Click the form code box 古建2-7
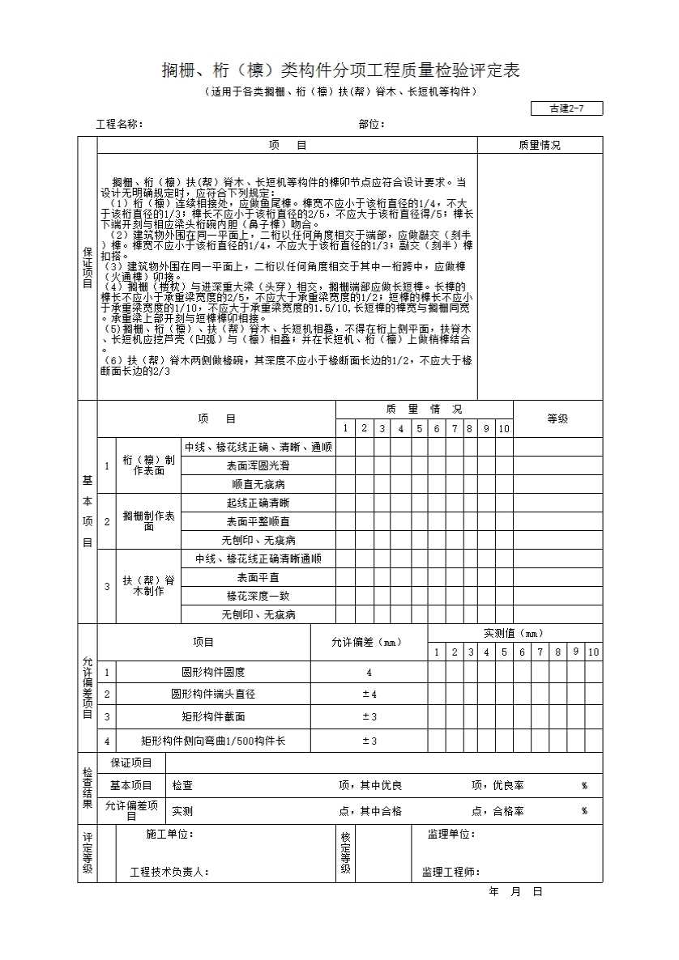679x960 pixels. pyautogui.click(x=566, y=109)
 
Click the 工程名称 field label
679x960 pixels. pyautogui.click(x=119, y=125)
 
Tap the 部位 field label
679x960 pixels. pyautogui.click(x=371, y=125)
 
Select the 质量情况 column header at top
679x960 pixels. pyautogui.click(x=540, y=146)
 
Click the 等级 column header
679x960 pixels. pyautogui.click(x=557, y=418)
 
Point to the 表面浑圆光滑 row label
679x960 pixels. pyautogui.click(x=258, y=465)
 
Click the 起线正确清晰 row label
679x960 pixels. pyautogui.click(x=258, y=503)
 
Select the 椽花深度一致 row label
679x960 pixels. pyautogui.click(x=258, y=596)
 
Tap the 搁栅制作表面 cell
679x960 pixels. pyautogui.click(x=148, y=521)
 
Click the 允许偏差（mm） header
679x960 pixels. pyautogui.click(x=368, y=643)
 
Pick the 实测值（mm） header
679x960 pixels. pyautogui.click(x=514, y=633)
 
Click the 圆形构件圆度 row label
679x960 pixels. pyautogui.click(x=213, y=672)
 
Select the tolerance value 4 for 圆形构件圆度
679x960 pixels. pyautogui.click(x=369, y=672)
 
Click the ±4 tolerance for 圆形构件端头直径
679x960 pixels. pyautogui.click(x=369, y=694)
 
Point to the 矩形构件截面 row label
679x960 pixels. pyautogui.click(x=213, y=716)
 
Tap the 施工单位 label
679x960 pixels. pyautogui.click(x=169, y=835)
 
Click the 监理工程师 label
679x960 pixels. pyautogui.click(x=451, y=872)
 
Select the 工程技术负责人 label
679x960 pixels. pyautogui.click(x=169, y=873)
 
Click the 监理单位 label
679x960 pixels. pyautogui.click(x=451, y=835)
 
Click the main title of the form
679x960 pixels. pyautogui.click(x=340, y=70)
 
